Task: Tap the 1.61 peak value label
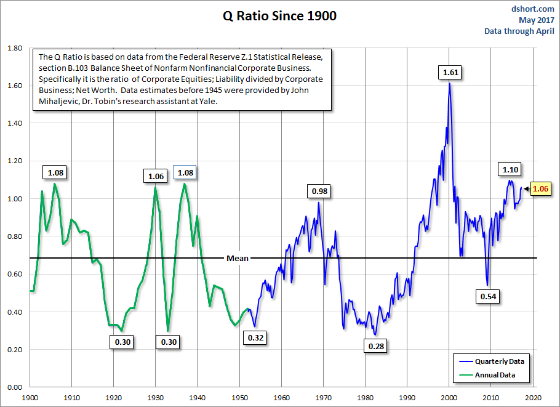coord(451,73)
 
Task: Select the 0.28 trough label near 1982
coord(376,347)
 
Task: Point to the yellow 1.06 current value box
coord(540,189)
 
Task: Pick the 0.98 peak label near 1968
coord(320,191)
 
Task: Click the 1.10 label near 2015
coord(510,169)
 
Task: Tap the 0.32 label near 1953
coord(255,337)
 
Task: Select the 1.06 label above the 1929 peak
coord(156,176)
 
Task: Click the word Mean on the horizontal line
coord(238,258)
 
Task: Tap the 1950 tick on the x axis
coord(239,398)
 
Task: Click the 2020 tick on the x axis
coord(533,398)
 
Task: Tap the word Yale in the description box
coord(209,102)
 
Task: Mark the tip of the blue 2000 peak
coord(449,83)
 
